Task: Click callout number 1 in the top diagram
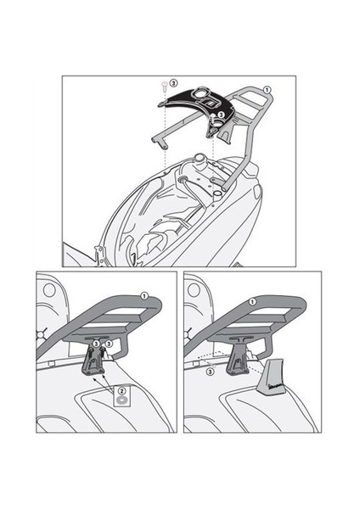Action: [x=267, y=89]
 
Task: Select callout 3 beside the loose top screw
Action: [x=172, y=83]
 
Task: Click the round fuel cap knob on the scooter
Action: [x=198, y=158]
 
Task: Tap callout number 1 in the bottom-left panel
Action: [x=144, y=295]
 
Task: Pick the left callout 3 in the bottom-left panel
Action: [x=96, y=343]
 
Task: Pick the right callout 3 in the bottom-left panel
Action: [x=109, y=343]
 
